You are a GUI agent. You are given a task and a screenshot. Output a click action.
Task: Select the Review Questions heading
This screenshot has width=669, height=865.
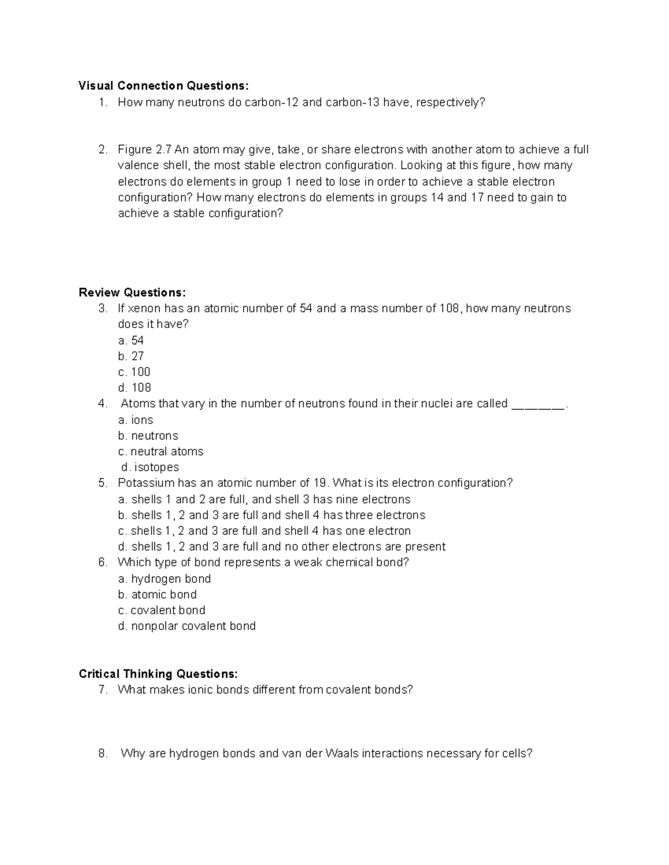133,292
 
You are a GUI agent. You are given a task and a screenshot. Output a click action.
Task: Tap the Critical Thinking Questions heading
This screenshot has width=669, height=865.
158,674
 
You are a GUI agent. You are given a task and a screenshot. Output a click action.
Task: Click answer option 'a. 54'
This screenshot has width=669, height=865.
131,340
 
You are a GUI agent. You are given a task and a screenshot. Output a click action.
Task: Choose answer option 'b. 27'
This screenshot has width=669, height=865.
131,356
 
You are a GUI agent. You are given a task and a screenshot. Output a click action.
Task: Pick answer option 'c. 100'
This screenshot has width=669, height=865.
134,372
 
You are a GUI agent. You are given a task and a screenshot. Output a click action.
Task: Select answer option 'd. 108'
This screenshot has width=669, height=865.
134,388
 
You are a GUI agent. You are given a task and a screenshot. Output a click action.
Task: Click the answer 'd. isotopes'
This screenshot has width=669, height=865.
150,467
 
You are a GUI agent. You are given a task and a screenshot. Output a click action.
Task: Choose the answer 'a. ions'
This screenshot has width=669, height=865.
135,420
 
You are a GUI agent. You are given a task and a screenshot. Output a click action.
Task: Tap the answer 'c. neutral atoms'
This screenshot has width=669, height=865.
161,451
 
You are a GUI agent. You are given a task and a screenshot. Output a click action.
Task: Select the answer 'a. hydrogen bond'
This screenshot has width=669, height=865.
164,579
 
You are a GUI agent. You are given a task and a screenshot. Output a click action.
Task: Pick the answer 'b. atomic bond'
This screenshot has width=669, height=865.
157,594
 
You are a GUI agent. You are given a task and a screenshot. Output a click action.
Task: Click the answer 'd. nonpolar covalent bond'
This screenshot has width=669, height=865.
187,626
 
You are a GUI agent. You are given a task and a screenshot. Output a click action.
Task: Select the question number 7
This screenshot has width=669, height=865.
102,690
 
